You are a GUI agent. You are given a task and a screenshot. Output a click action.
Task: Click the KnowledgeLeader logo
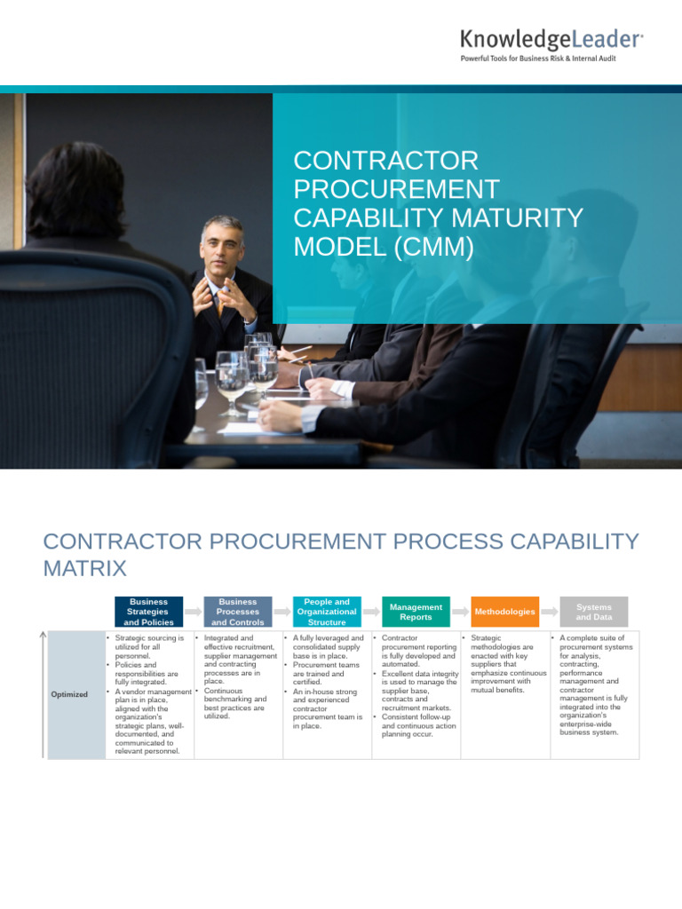(551, 39)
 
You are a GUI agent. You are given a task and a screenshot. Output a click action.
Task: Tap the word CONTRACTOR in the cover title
(385, 161)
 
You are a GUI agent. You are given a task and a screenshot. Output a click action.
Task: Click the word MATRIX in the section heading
(84, 568)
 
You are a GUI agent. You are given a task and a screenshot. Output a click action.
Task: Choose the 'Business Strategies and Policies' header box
(149, 612)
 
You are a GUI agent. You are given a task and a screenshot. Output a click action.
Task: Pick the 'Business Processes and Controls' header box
(238, 612)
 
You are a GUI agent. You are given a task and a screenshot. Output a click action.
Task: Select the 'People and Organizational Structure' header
(326, 612)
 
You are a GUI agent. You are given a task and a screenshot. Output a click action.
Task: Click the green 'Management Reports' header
(416, 612)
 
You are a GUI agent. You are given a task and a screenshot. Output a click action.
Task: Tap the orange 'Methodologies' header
(504, 612)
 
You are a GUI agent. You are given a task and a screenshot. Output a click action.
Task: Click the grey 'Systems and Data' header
(593, 612)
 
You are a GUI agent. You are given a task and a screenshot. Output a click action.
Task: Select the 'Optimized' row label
(69, 694)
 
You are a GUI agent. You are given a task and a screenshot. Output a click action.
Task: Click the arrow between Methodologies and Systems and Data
(549, 612)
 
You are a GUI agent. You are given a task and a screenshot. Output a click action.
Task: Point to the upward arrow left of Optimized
(43, 692)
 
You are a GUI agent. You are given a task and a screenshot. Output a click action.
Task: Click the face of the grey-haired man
(222, 244)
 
